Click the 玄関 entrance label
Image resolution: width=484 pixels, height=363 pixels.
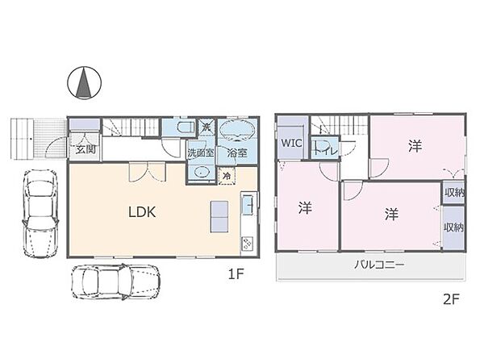(85, 149)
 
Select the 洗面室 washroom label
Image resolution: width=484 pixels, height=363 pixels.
(199, 152)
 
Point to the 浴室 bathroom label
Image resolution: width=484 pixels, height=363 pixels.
(236, 152)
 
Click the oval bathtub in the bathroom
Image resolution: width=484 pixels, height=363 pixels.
(236, 130)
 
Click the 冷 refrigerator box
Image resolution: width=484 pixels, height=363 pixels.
(227, 175)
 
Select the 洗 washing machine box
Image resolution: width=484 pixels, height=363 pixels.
(206, 127)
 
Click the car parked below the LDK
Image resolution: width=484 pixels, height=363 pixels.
(115, 282)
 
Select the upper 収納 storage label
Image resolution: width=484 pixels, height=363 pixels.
(453, 192)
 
